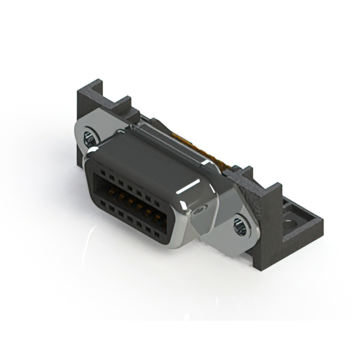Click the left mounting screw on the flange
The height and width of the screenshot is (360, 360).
pyautogui.click(x=90, y=137)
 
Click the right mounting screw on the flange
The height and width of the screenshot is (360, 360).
pyautogui.click(x=240, y=227)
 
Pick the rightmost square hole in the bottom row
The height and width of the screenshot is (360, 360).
pyautogui.click(x=157, y=235)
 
